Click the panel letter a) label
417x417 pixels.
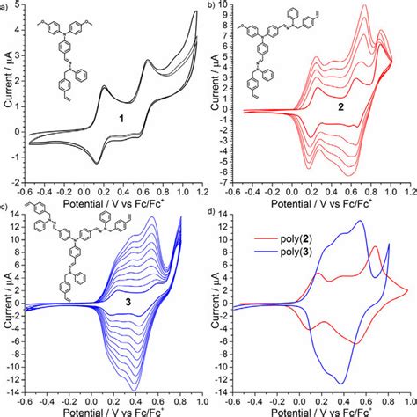(x=4, y=6)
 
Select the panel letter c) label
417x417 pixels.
(x=4, y=208)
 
